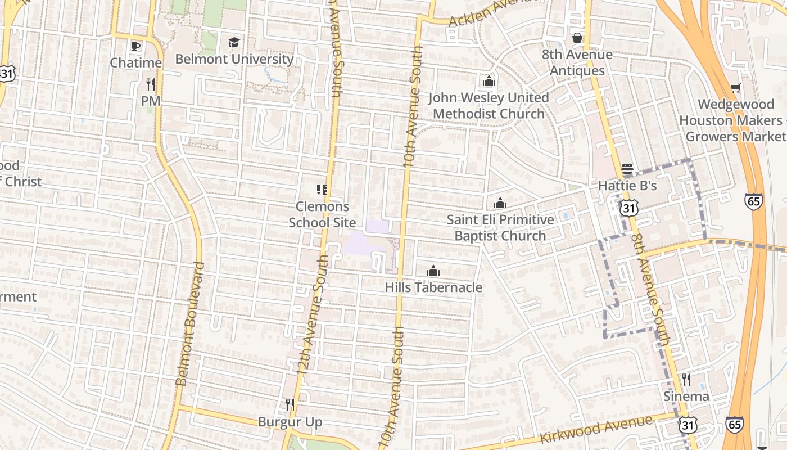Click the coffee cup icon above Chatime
click(135, 46)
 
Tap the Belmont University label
click(234, 59)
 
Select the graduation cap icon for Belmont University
click(234, 43)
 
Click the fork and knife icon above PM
click(150, 84)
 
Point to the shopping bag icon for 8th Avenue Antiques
click(577, 38)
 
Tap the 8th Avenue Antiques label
click(577, 62)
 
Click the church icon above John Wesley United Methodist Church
click(489, 82)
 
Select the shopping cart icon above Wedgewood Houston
click(735, 88)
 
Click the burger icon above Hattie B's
click(627, 169)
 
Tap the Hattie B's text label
click(627, 186)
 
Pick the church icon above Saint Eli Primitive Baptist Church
click(500, 204)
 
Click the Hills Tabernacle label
click(433, 287)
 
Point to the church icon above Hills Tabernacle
click(433, 271)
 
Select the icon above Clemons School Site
click(322, 190)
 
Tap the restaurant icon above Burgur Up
click(290, 404)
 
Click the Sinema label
click(686, 396)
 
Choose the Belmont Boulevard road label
click(189, 323)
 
